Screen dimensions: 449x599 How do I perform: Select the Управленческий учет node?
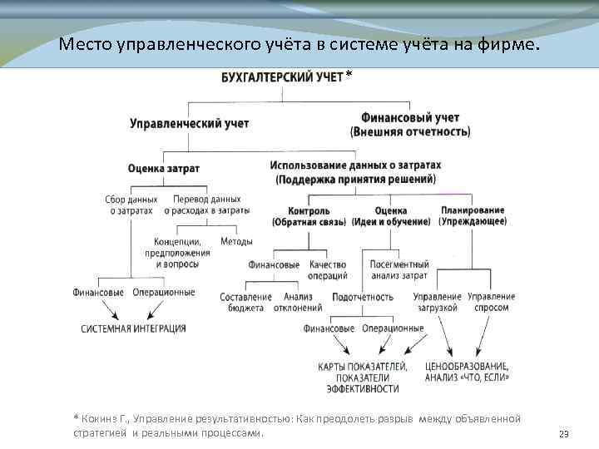pos(189,123)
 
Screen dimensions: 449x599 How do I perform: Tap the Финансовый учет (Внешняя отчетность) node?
pos(410,125)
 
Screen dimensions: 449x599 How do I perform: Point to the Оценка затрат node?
pos(163,168)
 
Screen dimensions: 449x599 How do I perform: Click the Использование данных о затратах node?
pos(355,172)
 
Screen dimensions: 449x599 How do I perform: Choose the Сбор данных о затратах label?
pos(131,205)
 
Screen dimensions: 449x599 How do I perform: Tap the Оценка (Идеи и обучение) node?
pos(390,216)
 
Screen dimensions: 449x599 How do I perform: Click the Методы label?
pos(236,242)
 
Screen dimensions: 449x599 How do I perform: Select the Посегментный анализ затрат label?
pos(399,270)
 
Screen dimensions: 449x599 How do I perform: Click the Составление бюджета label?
pos(245,302)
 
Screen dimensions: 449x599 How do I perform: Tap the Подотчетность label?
pos(362,297)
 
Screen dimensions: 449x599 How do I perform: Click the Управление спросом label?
pos(491,302)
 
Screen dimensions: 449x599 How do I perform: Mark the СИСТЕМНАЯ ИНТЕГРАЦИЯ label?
pos(133,329)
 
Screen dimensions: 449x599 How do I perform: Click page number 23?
pos(563,434)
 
